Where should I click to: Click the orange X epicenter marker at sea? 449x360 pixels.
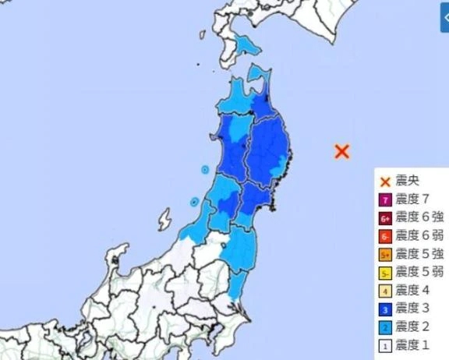(x=341, y=151)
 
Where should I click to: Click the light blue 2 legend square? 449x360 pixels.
(x=385, y=326)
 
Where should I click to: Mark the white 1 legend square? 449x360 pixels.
(x=385, y=344)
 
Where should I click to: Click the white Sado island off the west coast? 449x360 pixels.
(x=164, y=219)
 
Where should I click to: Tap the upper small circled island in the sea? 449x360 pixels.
(x=205, y=169)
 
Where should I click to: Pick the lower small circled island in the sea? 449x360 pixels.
(x=193, y=203)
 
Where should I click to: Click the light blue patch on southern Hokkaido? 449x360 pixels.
(x=248, y=47)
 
